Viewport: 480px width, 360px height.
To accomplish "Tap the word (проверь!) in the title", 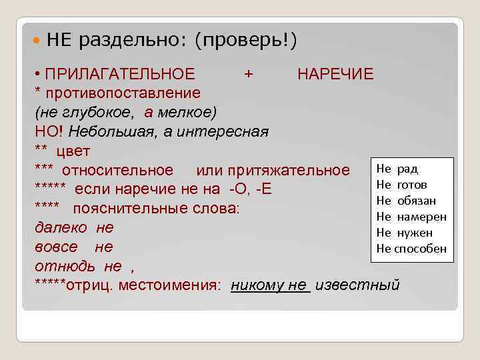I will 245,41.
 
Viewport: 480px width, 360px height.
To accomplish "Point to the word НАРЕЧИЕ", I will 335,73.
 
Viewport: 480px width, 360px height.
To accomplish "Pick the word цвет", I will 73,150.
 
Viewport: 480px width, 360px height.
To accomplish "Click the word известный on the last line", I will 357,285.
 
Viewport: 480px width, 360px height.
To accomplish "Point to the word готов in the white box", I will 411,185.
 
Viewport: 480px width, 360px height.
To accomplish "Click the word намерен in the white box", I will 421,217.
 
